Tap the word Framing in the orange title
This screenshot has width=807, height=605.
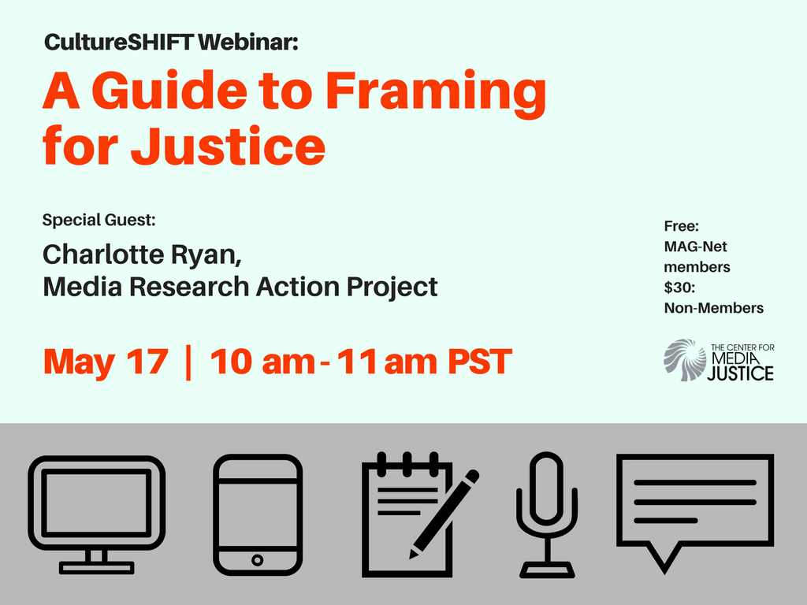[x=437, y=94]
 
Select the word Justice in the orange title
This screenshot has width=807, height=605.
[x=228, y=146]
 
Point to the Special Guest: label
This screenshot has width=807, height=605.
[x=99, y=221]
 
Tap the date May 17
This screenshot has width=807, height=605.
[x=106, y=362]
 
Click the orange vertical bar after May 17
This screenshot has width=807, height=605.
[x=188, y=363]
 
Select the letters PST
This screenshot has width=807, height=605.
[x=480, y=361]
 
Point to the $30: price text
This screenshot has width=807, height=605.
[x=679, y=287]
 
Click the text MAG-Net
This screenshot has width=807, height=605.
[x=695, y=247]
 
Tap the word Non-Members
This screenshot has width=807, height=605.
[x=714, y=308]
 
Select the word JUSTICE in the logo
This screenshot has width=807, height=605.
[x=740, y=373]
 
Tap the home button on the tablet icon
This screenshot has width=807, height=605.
[x=258, y=560]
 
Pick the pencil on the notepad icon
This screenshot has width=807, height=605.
[x=444, y=514]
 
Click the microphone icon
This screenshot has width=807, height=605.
[x=547, y=515]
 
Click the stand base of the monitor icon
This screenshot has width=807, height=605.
[x=97, y=568]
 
